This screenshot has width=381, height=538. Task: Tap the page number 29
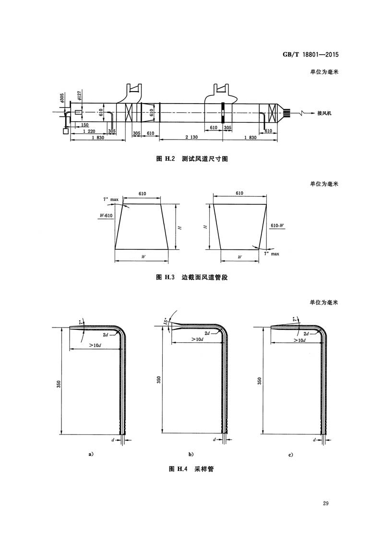tap(326, 503)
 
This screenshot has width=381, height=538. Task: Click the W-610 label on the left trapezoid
tap(106, 216)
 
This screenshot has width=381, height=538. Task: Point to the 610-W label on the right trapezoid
tap(277, 225)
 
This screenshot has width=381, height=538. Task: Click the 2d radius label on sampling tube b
tap(207, 333)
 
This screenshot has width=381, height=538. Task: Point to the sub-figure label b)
tap(190, 454)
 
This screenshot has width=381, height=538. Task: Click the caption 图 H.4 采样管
tap(191, 469)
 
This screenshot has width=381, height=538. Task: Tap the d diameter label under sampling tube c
tap(314, 439)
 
